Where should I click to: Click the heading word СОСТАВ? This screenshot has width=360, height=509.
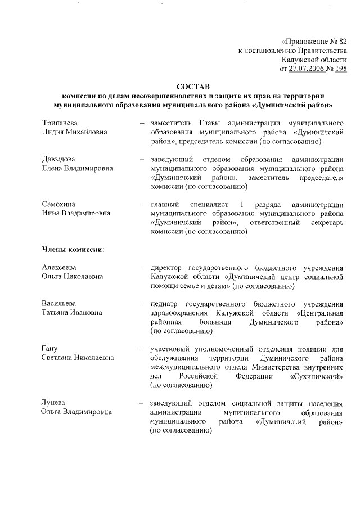[x=192, y=87]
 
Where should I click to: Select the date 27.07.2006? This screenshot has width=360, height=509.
[x=308, y=69]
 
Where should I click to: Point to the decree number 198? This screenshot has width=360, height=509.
[x=341, y=69]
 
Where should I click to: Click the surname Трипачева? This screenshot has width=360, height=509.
[x=60, y=123]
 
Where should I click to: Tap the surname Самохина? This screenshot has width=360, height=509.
[x=59, y=204]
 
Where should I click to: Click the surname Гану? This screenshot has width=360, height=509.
[x=50, y=349]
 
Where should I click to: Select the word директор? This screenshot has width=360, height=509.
[x=167, y=268]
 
